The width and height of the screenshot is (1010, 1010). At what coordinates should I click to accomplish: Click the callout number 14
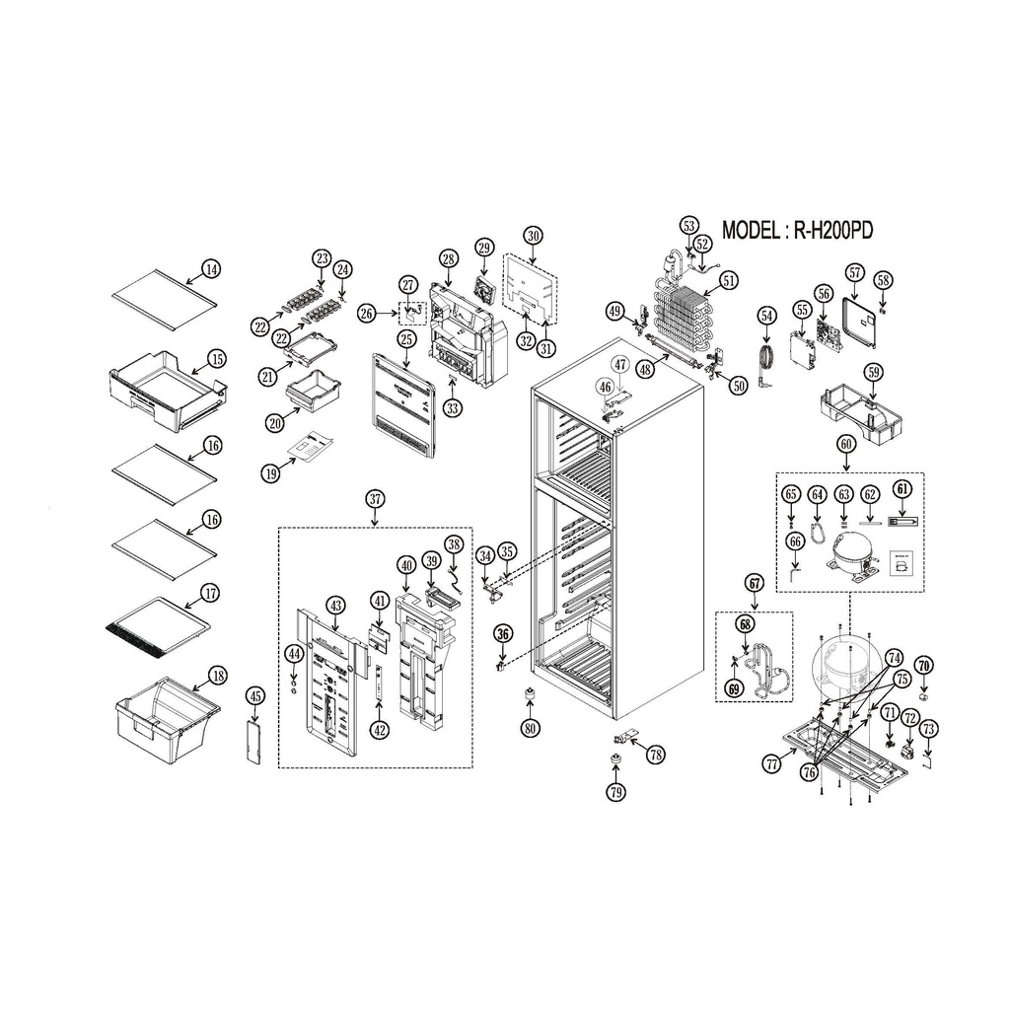click(211, 268)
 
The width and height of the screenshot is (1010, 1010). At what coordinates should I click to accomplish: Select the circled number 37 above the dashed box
click(375, 498)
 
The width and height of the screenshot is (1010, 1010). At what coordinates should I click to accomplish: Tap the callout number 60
click(845, 444)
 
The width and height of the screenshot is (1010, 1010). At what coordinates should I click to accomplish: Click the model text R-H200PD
click(832, 230)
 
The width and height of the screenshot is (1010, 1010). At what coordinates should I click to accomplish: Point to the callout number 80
click(530, 729)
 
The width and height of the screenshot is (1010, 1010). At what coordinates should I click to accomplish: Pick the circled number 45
click(255, 696)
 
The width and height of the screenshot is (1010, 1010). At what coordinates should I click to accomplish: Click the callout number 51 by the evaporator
click(729, 281)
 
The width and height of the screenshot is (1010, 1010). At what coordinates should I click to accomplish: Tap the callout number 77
click(771, 764)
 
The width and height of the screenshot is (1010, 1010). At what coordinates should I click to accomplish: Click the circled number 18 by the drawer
click(218, 676)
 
